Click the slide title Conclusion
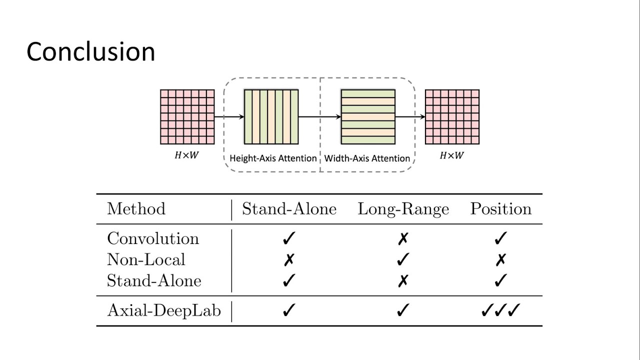click(90, 51)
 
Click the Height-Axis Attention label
click(273, 158)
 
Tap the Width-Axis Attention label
click(367, 158)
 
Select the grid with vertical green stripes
click(271, 117)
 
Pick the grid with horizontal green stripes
click(368, 117)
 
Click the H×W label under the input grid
click(186, 155)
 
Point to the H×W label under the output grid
click(451, 155)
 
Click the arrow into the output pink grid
click(410, 117)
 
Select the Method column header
click(136, 208)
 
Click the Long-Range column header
click(403, 209)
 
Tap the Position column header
click(500, 208)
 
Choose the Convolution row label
click(153, 238)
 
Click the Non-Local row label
click(146, 259)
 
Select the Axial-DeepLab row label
click(163, 310)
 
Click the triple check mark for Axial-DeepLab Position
click(500, 311)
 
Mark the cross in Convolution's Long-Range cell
click(403, 239)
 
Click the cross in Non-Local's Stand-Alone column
click(288, 260)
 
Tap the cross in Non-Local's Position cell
click(500, 260)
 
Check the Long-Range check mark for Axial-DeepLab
click(403, 311)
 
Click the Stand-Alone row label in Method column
click(154, 281)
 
